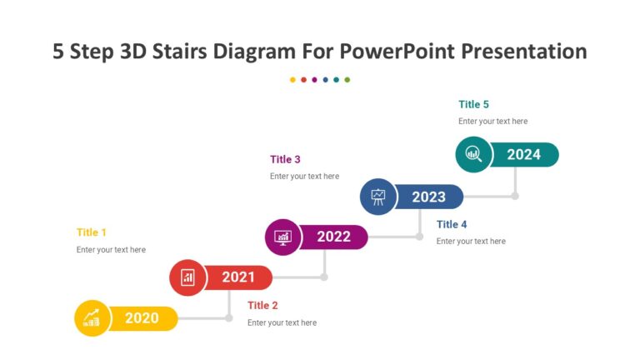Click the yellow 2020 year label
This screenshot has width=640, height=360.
(x=142, y=317)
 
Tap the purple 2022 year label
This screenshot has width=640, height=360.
(x=333, y=237)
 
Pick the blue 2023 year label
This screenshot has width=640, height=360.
(x=428, y=197)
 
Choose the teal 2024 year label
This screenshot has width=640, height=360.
(x=523, y=154)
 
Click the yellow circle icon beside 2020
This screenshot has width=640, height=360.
(x=92, y=317)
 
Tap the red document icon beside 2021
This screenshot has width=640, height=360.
(x=187, y=277)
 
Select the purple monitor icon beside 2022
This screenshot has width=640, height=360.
(x=282, y=237)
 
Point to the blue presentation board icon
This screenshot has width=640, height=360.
(x=378, y=197)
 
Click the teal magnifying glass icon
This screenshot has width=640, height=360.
(x=473, y=154)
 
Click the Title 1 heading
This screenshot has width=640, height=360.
(x=92, y=232)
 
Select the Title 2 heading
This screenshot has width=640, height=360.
(x=262, y=305)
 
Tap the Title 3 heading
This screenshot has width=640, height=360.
(x=285, y=159)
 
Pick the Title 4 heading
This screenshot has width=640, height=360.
(x=452, y=224)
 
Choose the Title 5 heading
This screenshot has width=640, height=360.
(x=473, y=104)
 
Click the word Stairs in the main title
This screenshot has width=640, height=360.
(x=178, y=52)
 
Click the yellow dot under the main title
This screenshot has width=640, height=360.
(x=292, y=80)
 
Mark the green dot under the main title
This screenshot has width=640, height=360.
(x=347, y=80)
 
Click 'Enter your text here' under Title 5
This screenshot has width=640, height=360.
(x=492, y=122)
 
